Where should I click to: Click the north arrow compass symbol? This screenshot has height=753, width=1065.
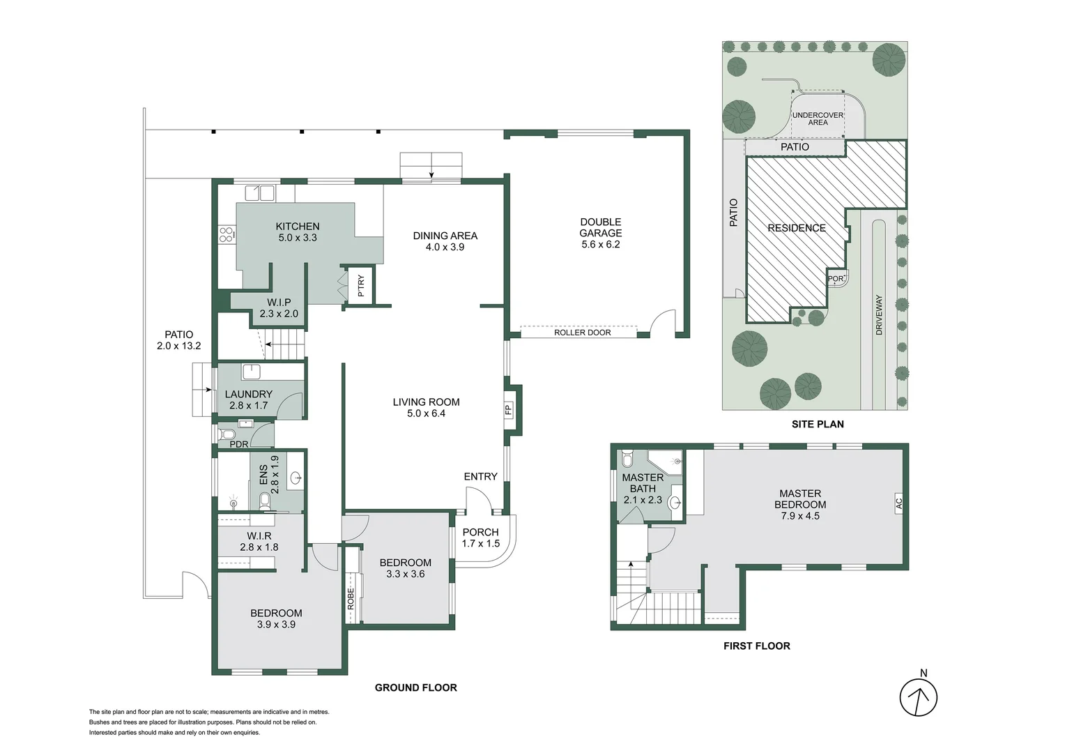[x=918, y=697]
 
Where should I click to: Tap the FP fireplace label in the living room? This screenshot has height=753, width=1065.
[x=508, y=409]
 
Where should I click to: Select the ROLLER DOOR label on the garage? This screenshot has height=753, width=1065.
[x=582, y=333]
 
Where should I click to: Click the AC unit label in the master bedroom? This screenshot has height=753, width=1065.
[x=898, y=502]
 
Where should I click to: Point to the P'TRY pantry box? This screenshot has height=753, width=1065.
[x=360, y=285]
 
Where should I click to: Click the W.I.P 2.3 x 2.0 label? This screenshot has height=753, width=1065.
[x=279, y=308]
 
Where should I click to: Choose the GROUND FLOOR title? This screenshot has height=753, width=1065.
[x=415, y=687]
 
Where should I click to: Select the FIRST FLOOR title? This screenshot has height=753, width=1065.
[x=756, y=646]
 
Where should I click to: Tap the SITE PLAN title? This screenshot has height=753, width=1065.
[x=817, y=424]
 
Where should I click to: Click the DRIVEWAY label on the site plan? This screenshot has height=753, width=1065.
[x=879, y=315]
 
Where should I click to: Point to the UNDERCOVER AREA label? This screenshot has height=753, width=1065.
[x=818, y=119]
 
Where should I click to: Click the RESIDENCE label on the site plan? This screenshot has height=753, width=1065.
[x=796, y=228]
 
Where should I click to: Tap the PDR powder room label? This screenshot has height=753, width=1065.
[x=238, y=444]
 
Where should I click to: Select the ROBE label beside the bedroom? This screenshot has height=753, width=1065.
[x=351, y=599]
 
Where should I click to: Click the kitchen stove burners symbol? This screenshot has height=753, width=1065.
[x=226, y=235]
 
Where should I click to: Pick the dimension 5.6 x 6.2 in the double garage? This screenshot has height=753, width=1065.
[x=600, y=245]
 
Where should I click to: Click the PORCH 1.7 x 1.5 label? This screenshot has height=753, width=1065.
[x=480, y=538]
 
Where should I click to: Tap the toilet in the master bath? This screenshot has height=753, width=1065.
[x=627, y=460]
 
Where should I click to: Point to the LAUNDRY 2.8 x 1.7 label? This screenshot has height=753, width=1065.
[x=248, y=400]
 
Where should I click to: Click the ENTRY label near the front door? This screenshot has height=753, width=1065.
[x=480, y=476]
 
